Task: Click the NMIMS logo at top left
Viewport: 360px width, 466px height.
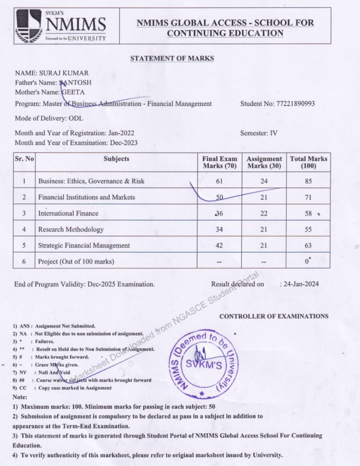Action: point(61,25)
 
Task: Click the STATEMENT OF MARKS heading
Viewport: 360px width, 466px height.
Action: point(172,58)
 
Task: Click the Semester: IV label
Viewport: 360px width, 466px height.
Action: point(259,133)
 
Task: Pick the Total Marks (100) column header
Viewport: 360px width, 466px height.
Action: point(308,162)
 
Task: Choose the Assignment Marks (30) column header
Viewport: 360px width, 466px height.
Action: point(264,162)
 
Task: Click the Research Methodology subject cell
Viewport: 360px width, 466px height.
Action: point(71,229)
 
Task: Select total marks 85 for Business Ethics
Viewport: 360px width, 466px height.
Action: point(308,181)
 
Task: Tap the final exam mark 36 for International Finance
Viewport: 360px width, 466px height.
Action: point(220,213)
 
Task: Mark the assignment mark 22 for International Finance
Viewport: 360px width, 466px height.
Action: point(264,213)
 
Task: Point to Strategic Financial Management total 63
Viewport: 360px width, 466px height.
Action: point(308,245)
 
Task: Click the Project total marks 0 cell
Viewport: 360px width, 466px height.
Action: point(308,262)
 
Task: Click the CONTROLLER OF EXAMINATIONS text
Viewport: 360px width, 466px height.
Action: point(273,316)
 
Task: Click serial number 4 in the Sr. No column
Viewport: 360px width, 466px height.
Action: point(24,229)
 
